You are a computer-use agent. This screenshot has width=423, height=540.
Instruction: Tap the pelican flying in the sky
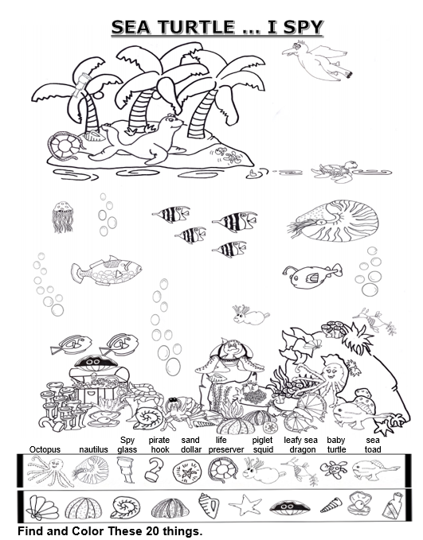[317, 61]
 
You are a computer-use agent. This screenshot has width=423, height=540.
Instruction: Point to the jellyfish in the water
[62, 217]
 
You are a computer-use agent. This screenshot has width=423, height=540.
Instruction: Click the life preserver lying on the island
[65, 146]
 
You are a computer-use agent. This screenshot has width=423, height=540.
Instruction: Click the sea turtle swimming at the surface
[335, 171]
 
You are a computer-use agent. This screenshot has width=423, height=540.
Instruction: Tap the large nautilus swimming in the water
[334, 221]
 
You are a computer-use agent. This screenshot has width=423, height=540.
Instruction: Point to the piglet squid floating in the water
[251, 315]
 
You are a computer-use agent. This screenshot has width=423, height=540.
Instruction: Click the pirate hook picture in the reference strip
[155, 469]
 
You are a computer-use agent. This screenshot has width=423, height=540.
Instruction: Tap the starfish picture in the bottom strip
[245, 505]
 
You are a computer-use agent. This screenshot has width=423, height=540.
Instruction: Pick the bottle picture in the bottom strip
[394, 505]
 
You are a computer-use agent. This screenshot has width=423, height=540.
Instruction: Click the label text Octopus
[45, 449]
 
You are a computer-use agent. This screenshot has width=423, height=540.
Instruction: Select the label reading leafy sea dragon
[301, 445]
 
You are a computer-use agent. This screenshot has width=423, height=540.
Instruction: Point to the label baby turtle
[336, 445]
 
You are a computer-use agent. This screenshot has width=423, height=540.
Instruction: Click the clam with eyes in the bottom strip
[289, 507]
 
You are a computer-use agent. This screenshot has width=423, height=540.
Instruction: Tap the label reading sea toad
[373, 445]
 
